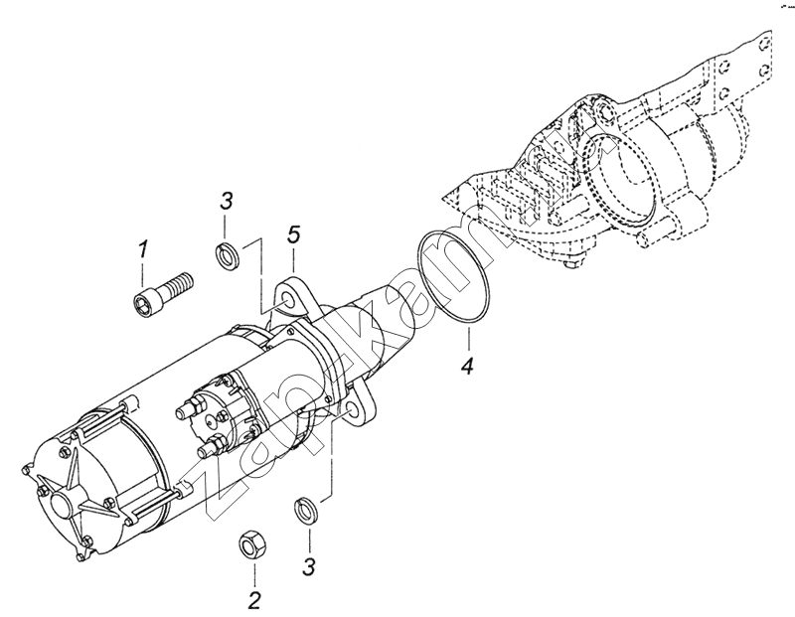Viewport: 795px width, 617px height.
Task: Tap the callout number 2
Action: (x=254, y=599)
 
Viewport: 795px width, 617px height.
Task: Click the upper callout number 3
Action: (x=227, y=201)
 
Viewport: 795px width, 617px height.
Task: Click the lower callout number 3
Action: (x=308, y=566)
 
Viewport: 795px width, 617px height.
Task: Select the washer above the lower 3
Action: (x=305, y=512)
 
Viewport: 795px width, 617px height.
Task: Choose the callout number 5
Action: (x=293, y=234)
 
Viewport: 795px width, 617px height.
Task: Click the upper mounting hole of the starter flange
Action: (x=289, y=297)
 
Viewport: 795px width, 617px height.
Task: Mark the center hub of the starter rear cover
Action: (x=61, y=504)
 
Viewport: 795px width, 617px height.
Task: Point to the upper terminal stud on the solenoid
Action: (x=184, y=407)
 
